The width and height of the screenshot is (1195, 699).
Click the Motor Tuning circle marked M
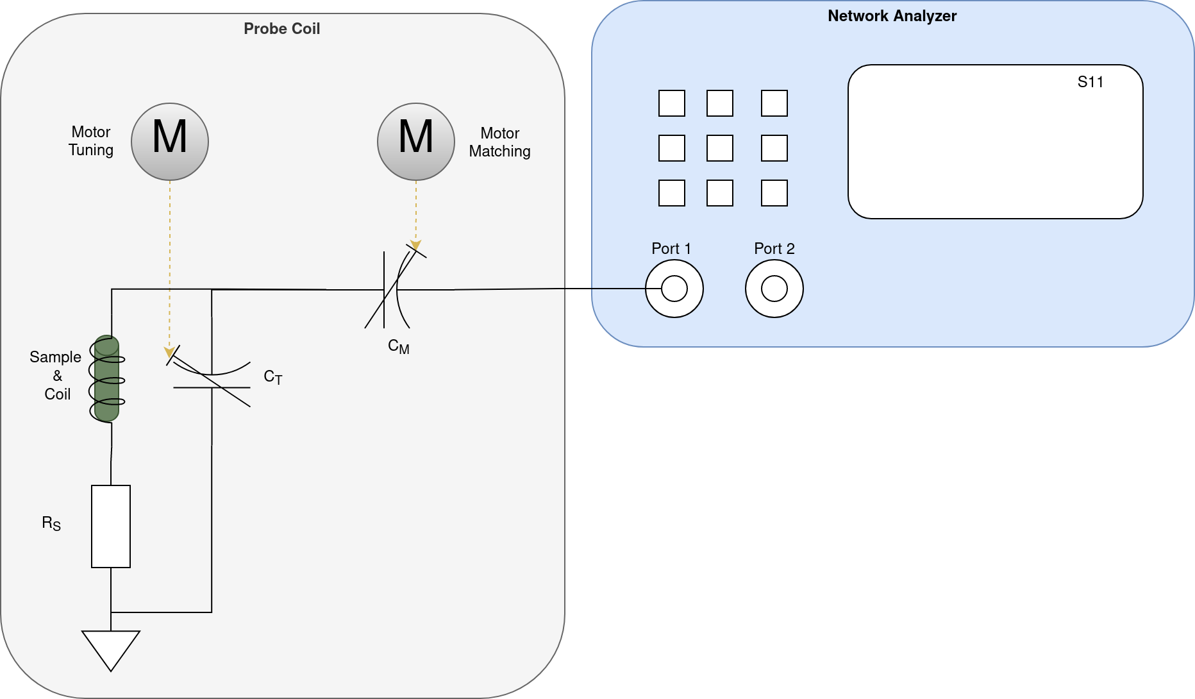click(170, 142)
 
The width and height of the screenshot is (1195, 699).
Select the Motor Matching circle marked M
click(416, 142)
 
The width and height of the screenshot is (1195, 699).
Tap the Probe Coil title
click(281, 29)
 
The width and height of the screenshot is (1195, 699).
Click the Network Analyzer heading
click(892, 17)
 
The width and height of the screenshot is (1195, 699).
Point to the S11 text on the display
click(1090, 82)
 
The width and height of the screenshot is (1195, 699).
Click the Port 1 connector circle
click(674, 289)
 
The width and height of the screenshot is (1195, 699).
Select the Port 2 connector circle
click(774, 289)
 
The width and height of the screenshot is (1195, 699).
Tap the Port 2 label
click(774, 249)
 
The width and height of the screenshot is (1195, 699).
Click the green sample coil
click(106, 378)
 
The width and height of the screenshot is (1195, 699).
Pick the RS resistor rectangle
click(111, 526)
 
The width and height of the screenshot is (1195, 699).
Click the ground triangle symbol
click(111, 649)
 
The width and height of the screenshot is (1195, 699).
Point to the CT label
click(272, 377)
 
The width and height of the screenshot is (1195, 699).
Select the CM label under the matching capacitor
click(398, 346)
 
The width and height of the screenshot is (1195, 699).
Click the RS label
click(51, 523)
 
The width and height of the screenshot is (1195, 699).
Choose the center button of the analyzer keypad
click(719, 148)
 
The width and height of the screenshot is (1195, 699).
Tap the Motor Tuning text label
click(91, 141)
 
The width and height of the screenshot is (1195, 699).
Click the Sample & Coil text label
click(56, 376)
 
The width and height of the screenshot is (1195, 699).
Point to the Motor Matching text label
click(499, 142)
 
